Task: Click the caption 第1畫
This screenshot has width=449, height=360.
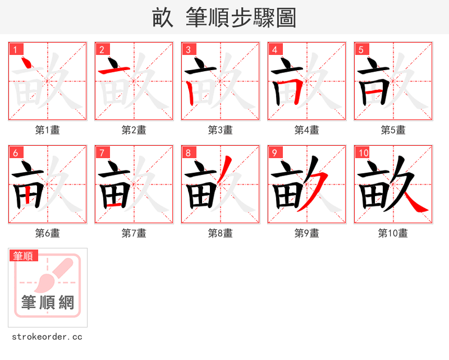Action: (x=48, y=130)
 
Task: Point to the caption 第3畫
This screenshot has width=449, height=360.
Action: (x=221, y=130)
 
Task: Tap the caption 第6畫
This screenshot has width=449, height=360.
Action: (x=48, y=233)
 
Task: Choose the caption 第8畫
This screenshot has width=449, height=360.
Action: (x=221, y=233)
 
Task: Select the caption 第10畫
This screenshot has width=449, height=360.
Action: (x=393, y=233)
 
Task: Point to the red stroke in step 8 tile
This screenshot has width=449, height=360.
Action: (x=224, y=167)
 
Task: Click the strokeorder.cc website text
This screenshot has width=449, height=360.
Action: (x=47, y=337)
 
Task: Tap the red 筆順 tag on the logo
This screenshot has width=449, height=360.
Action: (x=24, y=256)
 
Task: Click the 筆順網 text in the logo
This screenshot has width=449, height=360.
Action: (x=48, y=303)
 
